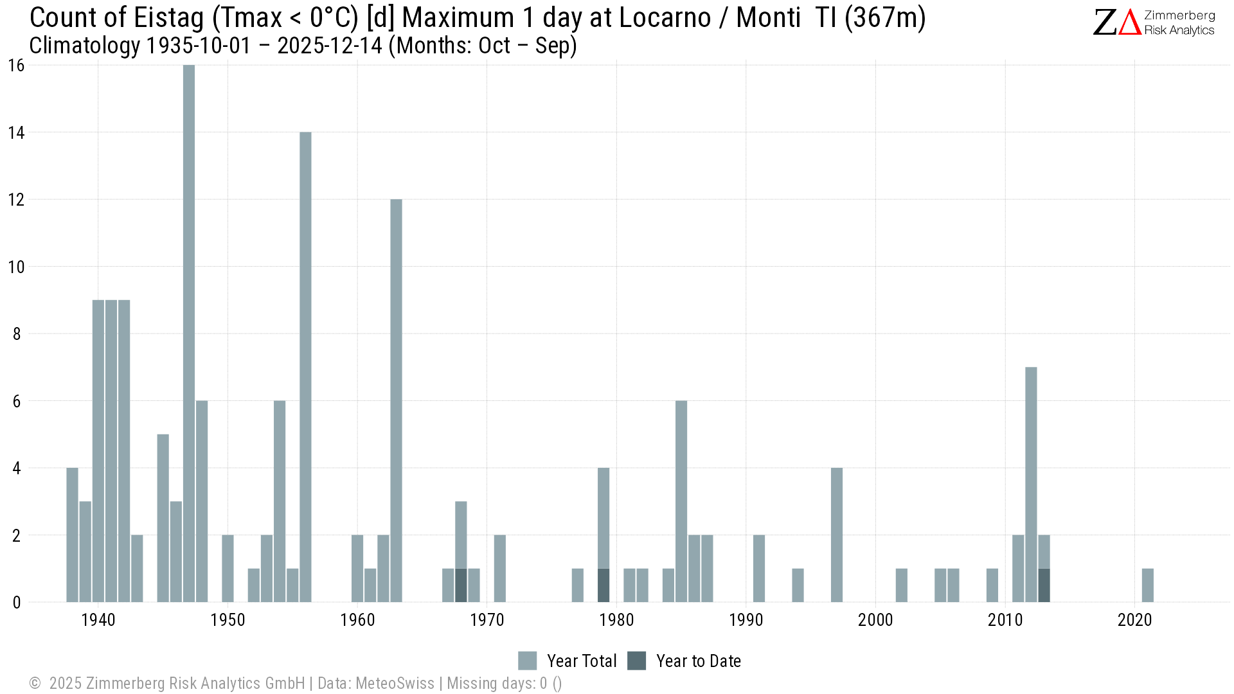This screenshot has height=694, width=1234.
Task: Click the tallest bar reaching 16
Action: tap(189, 334)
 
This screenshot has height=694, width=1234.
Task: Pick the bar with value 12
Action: tap(396, 401)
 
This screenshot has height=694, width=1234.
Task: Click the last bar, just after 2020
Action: tap(1147, 585)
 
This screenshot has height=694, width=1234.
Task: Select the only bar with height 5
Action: tap(163, 518)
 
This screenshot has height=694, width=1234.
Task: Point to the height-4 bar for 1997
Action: tap(836, 535)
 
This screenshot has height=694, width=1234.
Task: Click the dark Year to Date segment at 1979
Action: tap(604, 585)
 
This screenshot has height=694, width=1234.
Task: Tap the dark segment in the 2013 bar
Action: tap(1044, 585)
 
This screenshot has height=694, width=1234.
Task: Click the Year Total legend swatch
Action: tap(527, 661)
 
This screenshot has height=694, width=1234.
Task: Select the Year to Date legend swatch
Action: tap(636, 661)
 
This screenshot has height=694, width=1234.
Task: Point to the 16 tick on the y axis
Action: tap(16, 66)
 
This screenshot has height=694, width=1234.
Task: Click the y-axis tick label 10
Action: tap(16, 267)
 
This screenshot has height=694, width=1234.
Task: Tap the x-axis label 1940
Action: tap(98, 620)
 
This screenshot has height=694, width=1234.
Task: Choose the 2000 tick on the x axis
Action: tap(875, 620)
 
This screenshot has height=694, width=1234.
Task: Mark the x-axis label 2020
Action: tap(1134, 620)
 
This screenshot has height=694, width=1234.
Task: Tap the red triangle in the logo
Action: tap(1129, 22)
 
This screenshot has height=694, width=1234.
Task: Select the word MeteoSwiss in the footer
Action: tap(395, 683)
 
